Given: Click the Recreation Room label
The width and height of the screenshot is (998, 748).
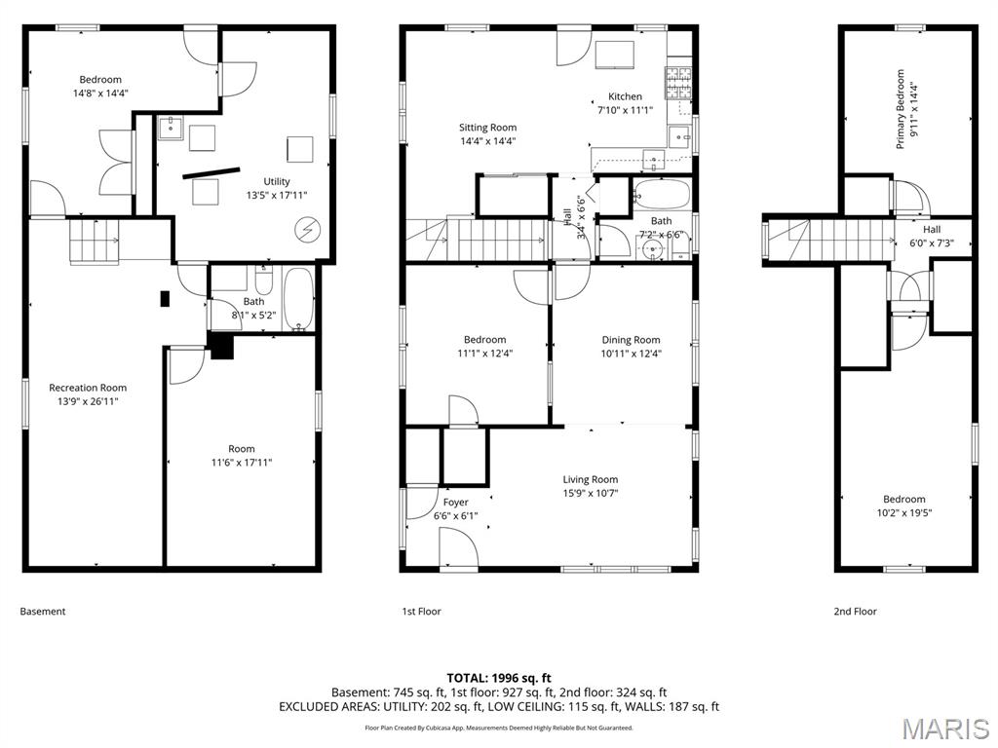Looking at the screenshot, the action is (x=88, y=388).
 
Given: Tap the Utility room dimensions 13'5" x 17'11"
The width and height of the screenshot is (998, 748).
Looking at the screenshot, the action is (x=277, y=195).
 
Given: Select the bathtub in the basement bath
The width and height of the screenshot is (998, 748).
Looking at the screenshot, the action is (x=298, y=299).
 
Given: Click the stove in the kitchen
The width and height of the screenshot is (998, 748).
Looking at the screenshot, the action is (x=678, y=83).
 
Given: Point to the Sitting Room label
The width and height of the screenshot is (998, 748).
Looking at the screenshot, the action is (x=487, y=128).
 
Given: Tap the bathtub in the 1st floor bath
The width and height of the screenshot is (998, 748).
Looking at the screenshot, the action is (x=662, y=194).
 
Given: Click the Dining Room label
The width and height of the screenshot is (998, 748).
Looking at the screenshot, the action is (x=631, y=340).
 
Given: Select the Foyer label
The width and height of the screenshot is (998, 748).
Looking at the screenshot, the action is (x=456, y=502).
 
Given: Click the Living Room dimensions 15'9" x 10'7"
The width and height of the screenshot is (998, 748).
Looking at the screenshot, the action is (x=590, y=493).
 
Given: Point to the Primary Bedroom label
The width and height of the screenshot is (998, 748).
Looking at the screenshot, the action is (x=900, y=109).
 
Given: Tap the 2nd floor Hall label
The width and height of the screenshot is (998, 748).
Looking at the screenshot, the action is (x=931, y=230).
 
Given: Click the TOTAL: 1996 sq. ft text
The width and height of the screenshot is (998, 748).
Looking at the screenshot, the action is (x=499, y=678).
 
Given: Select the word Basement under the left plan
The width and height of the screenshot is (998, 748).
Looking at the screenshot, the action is (x=43, y=612).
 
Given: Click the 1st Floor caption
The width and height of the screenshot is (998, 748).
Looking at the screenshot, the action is (x=421, y=612).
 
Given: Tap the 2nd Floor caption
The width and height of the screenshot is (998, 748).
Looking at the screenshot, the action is (x=856, y=612).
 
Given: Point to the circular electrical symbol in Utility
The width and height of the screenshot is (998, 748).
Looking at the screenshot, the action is (x=308, y=230).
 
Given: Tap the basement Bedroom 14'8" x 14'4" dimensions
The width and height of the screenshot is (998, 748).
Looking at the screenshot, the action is (x=100, y=93).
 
